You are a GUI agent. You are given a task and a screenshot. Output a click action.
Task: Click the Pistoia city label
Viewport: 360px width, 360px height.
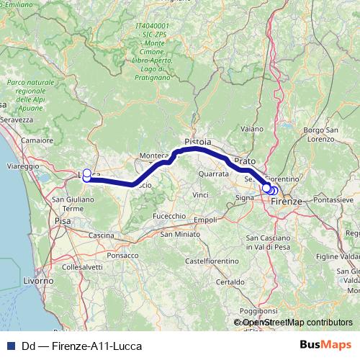click(198, 143)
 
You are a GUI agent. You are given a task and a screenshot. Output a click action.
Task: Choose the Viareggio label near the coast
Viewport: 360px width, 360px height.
click(23, 166)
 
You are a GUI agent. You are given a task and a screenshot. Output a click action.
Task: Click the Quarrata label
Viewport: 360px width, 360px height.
click(214, 174)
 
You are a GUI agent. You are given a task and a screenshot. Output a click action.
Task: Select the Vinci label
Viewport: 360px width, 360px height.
click(200, 194)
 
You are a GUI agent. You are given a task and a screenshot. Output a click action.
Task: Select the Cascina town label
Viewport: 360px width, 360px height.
click(102, 235)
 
